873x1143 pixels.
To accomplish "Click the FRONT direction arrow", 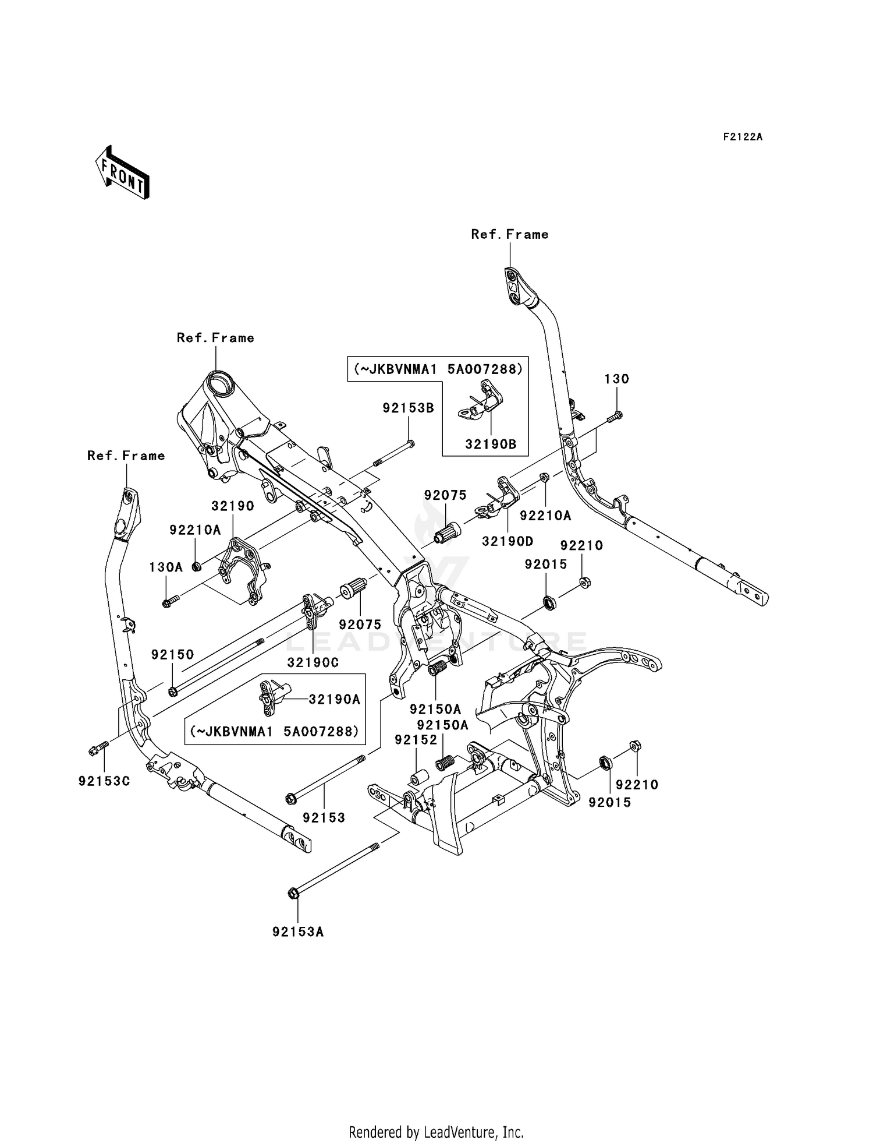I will (x=123, y=173).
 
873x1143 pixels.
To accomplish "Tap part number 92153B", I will (x=408, y=408).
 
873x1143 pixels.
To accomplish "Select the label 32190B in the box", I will (x=491, y=444).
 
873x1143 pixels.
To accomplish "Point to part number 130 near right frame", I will (x=616, y=379).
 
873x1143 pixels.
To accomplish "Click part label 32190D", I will (x=508, y=541).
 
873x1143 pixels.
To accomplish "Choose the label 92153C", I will (x=104, y=781).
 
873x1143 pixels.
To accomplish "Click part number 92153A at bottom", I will (x=298, y=932).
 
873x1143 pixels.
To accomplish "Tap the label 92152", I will (x=416, y=740).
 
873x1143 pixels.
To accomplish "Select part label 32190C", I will (x=313, y=663).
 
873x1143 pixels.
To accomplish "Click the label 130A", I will (x=166, y=567).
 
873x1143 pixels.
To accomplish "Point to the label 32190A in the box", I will (x=334, y=700).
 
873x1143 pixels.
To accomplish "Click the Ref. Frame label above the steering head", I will (x=215, y=338).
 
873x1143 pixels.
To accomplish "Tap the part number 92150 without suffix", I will (x=172, y=654).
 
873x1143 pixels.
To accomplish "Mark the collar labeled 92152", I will (x=420, y=778).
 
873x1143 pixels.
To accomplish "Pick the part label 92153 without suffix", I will (x=324, y=818).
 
